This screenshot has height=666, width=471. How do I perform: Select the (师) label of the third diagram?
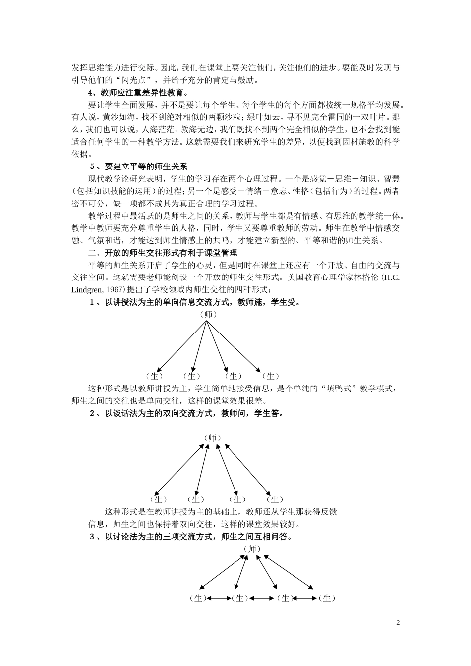(x=252, y=549)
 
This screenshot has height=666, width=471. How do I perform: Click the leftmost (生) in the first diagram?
(x=155, y=376)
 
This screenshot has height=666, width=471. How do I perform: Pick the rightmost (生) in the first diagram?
(x=270, y=376)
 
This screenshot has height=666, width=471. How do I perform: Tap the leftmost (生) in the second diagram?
(x=158, y=499)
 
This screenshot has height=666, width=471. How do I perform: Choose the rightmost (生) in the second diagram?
(x=275, y=499)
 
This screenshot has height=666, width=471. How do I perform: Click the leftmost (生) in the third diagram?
(x=197, y=598)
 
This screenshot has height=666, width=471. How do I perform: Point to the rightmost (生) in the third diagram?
(x=327, y=598)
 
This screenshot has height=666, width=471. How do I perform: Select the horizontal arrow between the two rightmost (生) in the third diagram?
(x=305, y=598)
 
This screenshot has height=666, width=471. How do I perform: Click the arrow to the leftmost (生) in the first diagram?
(x=181, y=345)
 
